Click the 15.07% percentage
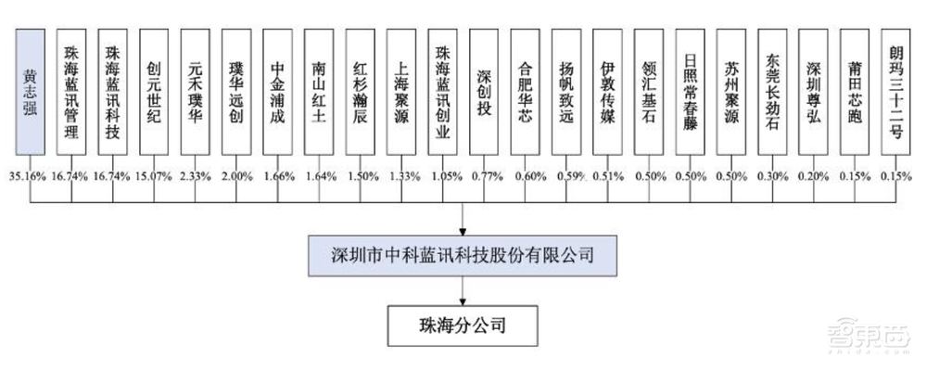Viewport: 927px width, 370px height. click(154, 175)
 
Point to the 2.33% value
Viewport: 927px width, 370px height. click(196, 175)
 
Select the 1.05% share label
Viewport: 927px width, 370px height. click(443, 175)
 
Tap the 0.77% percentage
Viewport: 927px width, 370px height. click(484, 175)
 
